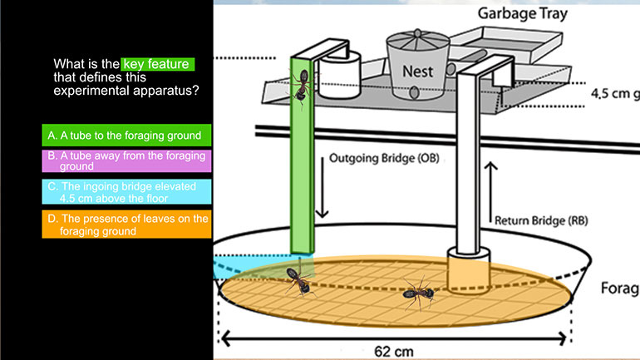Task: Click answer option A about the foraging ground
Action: tap(126, 134)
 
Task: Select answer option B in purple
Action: tap(126, 160)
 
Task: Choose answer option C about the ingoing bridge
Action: tap(126, 192)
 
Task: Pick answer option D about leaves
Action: tap(126, 224)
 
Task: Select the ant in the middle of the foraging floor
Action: tap(417, 292)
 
